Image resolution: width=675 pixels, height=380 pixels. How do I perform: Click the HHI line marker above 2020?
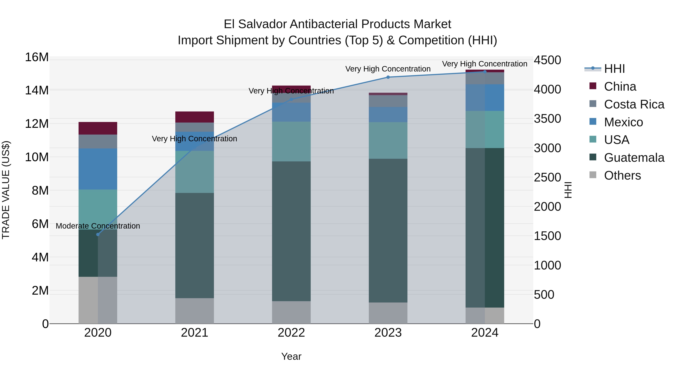[x=98, y=234]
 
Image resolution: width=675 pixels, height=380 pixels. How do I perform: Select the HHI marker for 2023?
[x=388, y=77]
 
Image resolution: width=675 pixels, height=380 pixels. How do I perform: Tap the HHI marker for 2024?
[x=485, y=72]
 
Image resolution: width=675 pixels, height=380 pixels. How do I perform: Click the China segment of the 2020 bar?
[x=98, y=128]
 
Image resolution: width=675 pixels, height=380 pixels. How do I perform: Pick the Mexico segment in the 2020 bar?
[x=98, y=169]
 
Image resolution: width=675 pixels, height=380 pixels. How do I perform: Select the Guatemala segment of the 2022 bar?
[x=291, y=231]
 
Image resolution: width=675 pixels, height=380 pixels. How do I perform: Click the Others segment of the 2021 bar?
[x=194, y=311]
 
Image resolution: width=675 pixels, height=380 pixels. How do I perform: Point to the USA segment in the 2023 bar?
[x=388, y=140]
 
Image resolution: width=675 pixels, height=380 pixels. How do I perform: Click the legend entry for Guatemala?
[x=634, y=158]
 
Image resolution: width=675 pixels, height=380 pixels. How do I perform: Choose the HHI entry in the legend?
[x=614, y=69]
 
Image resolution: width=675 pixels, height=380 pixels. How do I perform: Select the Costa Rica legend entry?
[x=634, y=104]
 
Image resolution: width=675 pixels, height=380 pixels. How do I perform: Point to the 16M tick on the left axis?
[x=37, y=57]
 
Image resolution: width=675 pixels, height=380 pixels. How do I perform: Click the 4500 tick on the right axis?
[x=547, y=60]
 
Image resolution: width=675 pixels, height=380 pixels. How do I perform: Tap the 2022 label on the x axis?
[x=291, y=333]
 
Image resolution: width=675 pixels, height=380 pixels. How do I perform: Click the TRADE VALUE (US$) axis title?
[x=6, y=190]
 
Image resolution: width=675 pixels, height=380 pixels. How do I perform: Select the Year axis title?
[x=291, y=356]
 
